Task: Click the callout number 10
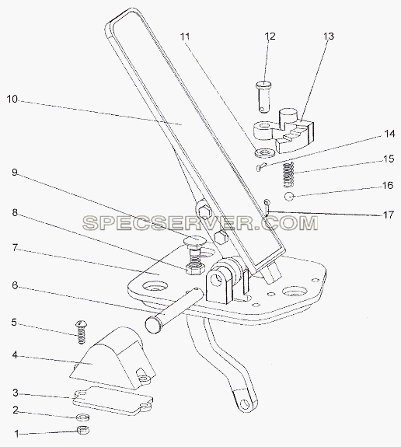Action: pyautogui.click(x=12, y=100)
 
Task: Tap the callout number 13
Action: pyautogui.click(x=329, y=37)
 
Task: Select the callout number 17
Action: pyautogui.click(x=388, y=215)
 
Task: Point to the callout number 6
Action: pyautogui.click(x=15, y=285)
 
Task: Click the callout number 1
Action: pyautogui.click(x=16, y=434)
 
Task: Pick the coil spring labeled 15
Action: pyautogui.click(x=289, y=175)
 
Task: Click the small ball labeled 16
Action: pyautogui.click(x=289, y=197)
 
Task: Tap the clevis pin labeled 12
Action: pyautogui.click(x=264, y=97)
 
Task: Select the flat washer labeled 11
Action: pyautogui.click(x=265, y=153)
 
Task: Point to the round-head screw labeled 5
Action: pyautogui.click(x=81, y=332)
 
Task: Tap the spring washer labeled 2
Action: pyautogui.click(x=83, y=417)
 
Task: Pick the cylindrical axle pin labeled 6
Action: pyautogui.click(x=174, y=310)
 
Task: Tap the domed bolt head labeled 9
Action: pyautogui.click(x=194, y=239)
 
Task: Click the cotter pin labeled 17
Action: pyautogui.click(x=267, y=208)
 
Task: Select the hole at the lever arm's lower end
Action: pyautogui.click(x=245, y=403)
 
